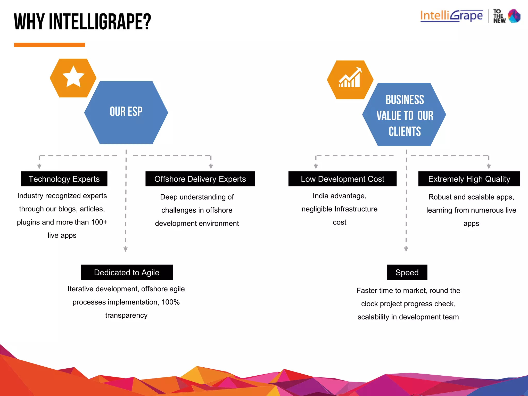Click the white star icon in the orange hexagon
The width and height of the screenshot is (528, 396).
[x=73, y=77]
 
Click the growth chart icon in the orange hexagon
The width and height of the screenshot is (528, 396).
[x=350, y=78]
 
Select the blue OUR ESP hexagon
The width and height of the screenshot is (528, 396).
[x=126, y=113]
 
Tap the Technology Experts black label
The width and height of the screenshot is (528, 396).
[x=64, y=179]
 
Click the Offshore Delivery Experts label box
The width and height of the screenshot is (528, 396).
[x=200, y=179]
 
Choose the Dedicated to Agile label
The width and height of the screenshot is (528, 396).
[x=127, y=273]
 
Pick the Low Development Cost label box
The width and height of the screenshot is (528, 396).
[x=342, y=179]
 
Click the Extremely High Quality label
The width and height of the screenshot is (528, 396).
[x=469, y=179]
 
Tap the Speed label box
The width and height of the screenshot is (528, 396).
[x=407, y=273]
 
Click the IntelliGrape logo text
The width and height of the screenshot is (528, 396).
[x=451, y=16]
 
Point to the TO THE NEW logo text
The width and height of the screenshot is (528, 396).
[x=499, y=16]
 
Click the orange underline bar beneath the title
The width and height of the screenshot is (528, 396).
[x=49, y=45]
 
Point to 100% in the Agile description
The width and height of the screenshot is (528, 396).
[x=170, y=302]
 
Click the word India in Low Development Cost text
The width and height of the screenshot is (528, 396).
[x=320, y=196]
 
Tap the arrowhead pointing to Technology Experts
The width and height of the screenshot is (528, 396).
[x=39, y=167]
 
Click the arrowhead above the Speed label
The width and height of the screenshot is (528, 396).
[x=406, y=249]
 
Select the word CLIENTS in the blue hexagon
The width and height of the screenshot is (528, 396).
[x=405, y=131]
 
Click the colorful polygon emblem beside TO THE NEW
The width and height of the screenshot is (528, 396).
[x=514, y=16]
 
